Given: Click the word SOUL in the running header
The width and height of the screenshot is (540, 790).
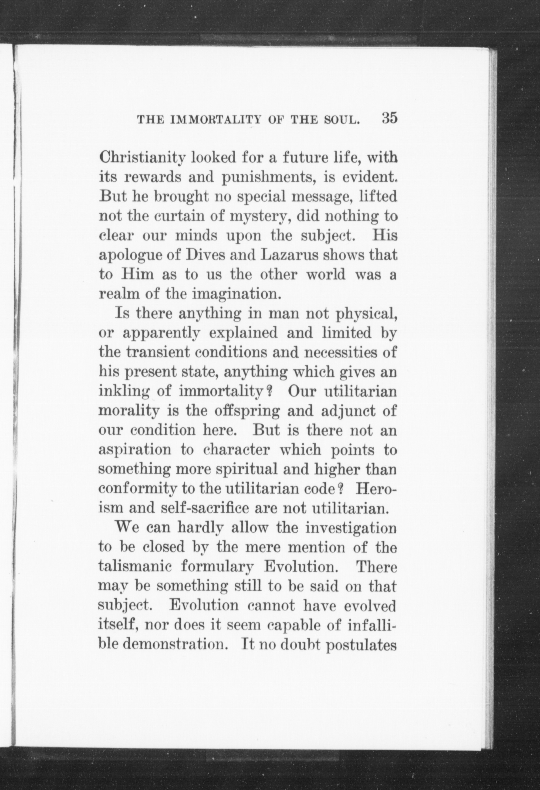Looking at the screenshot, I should pyautogui.click(x=344, y=120).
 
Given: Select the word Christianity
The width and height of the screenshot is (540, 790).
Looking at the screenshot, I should pyautogui.click(x=143, y=158).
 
